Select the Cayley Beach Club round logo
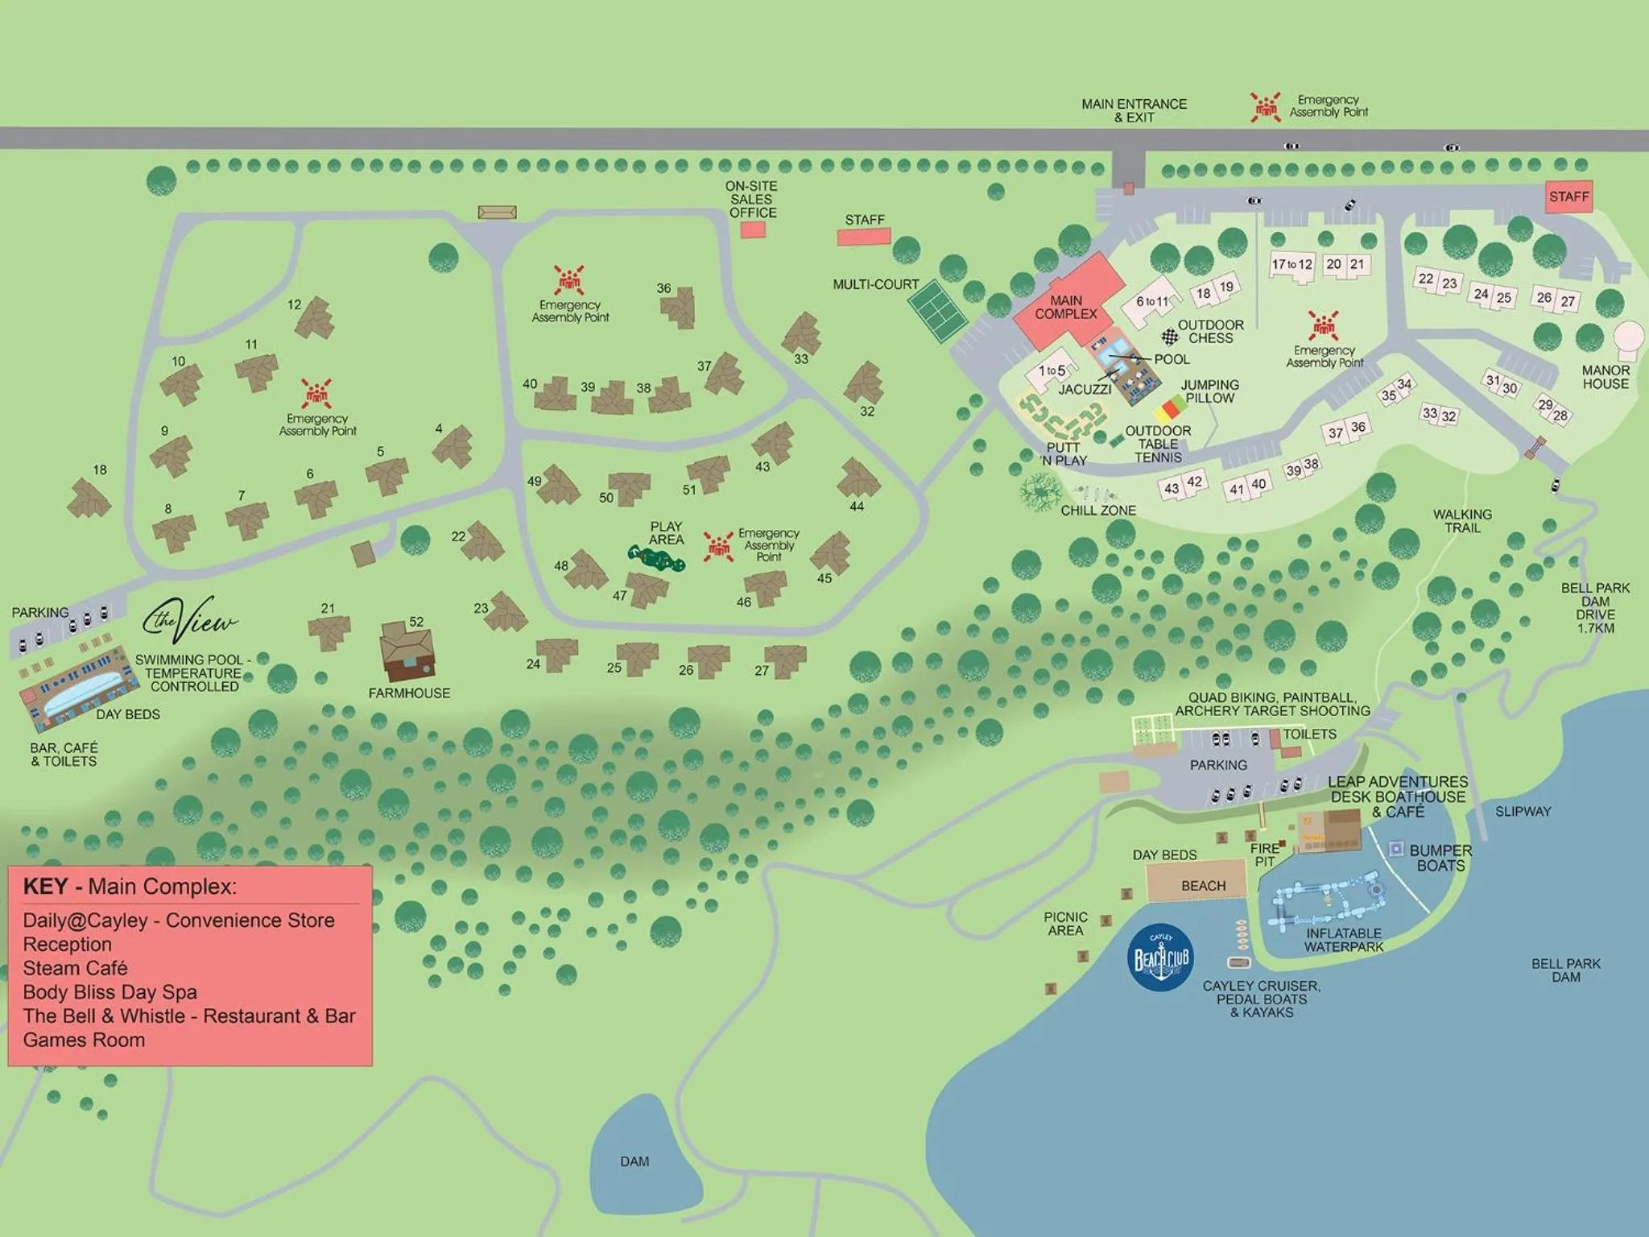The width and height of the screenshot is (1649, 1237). [1160, 957]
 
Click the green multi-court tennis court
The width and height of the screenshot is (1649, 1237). [938, 311]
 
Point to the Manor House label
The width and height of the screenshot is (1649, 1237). [1605, 377]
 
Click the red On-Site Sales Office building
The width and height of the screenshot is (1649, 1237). [753, 230]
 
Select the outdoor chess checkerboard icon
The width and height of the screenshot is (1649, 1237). [1169, 337]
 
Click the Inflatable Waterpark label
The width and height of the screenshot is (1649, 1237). [1343, 940]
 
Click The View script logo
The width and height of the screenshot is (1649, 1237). [190, 618]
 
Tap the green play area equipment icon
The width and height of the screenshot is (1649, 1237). [656, 557]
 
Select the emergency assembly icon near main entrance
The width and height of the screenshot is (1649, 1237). [1265, 106]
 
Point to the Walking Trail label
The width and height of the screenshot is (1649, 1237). [1462, 521]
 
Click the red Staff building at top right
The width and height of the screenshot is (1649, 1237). [1568, 197]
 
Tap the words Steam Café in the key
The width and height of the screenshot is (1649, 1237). [76, 968]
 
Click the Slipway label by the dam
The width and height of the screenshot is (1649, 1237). [1523, 812]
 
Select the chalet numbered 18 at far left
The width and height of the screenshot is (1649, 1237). [88, 499]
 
